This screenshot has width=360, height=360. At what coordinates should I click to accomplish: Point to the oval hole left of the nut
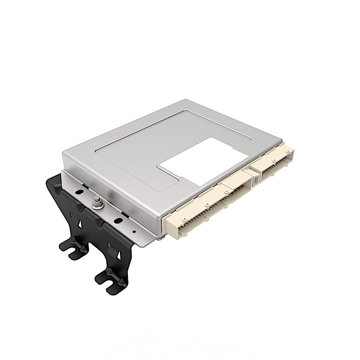click(79, 192)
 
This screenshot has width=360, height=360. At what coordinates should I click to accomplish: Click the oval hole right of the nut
click(118, 220)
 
